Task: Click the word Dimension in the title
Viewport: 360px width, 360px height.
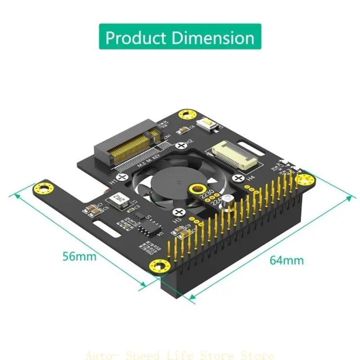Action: point(213,38)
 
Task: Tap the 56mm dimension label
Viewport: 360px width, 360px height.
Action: point(79,256)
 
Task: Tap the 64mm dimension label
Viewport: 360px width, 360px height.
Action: point(286,260)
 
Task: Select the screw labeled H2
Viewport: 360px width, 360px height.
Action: point(181,145)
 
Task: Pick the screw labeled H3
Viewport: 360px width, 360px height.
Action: point(180,212)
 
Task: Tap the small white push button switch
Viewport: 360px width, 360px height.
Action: point(209,126)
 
